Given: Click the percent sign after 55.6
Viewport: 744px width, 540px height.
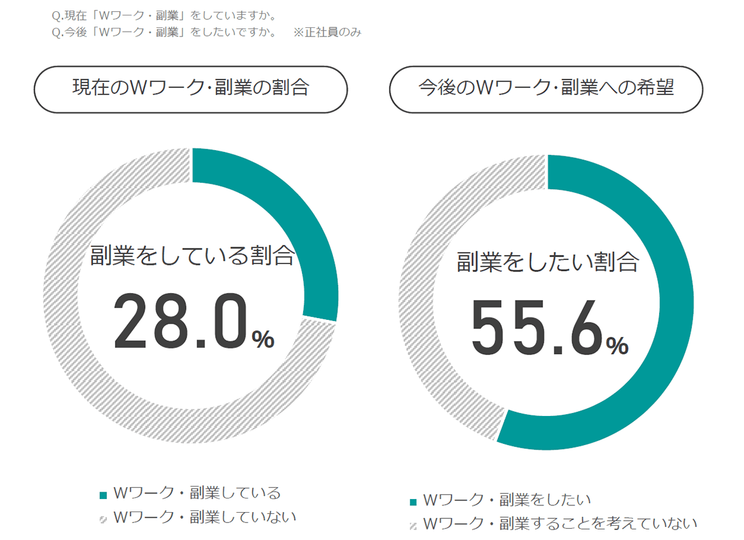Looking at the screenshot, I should (617, 345).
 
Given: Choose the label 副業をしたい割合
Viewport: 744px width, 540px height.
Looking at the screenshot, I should (547, 262).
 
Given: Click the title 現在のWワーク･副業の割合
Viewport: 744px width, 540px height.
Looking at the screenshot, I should (190, 89).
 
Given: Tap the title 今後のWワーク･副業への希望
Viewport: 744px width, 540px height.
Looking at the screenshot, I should (546, 89).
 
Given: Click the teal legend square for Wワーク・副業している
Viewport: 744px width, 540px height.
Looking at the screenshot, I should (104, 495).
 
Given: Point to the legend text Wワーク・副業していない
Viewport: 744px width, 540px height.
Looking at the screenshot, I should (205, 516).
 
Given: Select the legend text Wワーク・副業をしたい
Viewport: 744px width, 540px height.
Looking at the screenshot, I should (507, 500).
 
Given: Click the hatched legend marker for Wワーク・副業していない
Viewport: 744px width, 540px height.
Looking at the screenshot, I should (104, 518).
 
